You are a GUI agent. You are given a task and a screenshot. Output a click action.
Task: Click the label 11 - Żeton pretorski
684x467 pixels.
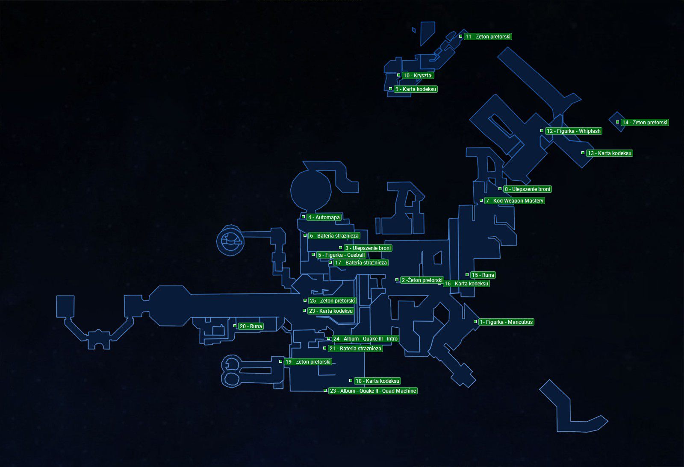pos(488,37)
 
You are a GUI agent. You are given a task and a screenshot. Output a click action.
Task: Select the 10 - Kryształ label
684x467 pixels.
pos(418,75)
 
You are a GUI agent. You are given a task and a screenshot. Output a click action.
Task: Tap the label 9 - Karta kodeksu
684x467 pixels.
pos(416,89)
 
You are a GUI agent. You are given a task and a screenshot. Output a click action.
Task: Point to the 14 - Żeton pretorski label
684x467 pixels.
pos(645,122)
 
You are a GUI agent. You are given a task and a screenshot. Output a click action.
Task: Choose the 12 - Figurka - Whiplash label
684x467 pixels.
pos(573,131)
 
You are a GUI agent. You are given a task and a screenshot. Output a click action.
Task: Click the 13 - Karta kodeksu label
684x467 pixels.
pos(610,153)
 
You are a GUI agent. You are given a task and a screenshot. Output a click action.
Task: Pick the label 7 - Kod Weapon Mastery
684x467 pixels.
pos(515,200)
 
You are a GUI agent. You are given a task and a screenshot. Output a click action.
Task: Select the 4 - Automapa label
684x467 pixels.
pos(324,217)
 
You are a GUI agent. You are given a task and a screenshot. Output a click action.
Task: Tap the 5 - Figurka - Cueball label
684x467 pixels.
pos(341,255)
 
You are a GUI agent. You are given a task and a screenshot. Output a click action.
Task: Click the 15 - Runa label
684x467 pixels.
pos(483,275)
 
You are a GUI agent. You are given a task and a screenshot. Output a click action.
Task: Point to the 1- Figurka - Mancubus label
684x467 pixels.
pos(506,322)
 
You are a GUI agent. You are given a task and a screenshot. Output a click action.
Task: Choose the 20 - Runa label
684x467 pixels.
pos(251,326)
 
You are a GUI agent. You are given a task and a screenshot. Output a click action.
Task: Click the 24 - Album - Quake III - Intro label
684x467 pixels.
pos(365,338)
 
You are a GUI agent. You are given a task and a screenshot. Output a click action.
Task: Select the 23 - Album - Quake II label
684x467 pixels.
pos(373,391)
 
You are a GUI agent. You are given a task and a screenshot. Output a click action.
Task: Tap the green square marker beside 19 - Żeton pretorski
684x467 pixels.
pos(280,361)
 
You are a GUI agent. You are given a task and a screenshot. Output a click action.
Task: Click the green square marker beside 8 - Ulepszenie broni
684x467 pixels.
pos(500,188)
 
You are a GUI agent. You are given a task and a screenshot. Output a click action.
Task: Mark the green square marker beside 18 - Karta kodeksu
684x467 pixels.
pos(351,381)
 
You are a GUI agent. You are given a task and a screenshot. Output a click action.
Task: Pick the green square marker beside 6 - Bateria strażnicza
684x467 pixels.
pos(305,235)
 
